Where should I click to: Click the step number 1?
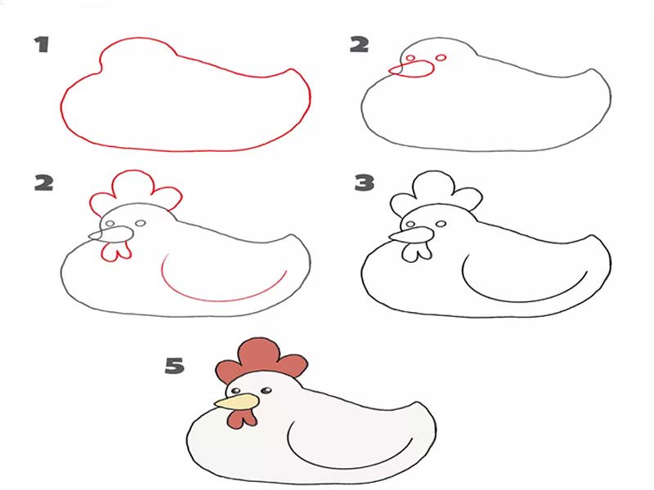pyautogui.click(x=42, y=45)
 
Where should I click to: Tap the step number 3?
pyautogui.click(x=364, y=183)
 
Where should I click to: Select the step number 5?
pyautogui.click(x=174, y=365)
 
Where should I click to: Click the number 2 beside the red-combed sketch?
pyautogui.click(x=44, y=183)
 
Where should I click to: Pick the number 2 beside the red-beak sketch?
pyautogui.click(x=359, y=45)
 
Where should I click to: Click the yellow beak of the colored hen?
pyautogui.click(x=236, y=402)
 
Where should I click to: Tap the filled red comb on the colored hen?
pyautogui.click(x=262, y=360)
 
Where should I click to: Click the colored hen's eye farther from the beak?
pyautogui.click(x=266, y=391)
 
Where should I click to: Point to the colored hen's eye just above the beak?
pyautogui.click(x=236, y=391)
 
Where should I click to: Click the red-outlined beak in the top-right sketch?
pyautogui.click(x=412, y=69)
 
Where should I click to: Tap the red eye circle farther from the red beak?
pyautogui.click(x=441, y=58)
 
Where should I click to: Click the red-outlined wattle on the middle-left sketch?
pyautogui.click(x=116, y=252)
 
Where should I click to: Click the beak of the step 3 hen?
pyautogui.click(x=412, y=234)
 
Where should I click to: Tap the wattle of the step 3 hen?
pyautogui.click(x=417, y=252)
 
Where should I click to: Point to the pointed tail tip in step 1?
pyautogui.click(x=293, y=69)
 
